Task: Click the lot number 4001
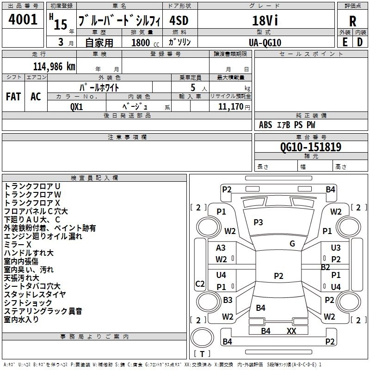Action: tap(23, 19)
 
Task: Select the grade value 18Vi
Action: tap(265, 20)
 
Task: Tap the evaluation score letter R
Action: tap(352, 21)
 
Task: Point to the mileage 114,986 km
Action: tap(54, 67)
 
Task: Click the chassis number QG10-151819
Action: tap(311, 147)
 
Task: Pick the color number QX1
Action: tap(77, 107)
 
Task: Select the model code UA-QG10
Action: tap(265, 43)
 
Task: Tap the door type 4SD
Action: tap(179, 20)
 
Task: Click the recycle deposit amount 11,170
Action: tap(230, 107)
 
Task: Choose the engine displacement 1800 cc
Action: tap(145, 43)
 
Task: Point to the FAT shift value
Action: tap(13, 97)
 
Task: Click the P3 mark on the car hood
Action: tap(258, 222)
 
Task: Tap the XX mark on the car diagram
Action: tap(291, 331)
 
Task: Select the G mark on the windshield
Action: tap(292, 244)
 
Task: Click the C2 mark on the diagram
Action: tap(200, 284)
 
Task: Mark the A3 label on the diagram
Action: tap(221, 248)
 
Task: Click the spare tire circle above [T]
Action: tap(202, 338)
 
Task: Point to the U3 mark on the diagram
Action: tap(336, 248)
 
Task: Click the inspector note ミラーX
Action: tap(18, 245)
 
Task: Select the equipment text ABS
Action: tap(265, 125)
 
